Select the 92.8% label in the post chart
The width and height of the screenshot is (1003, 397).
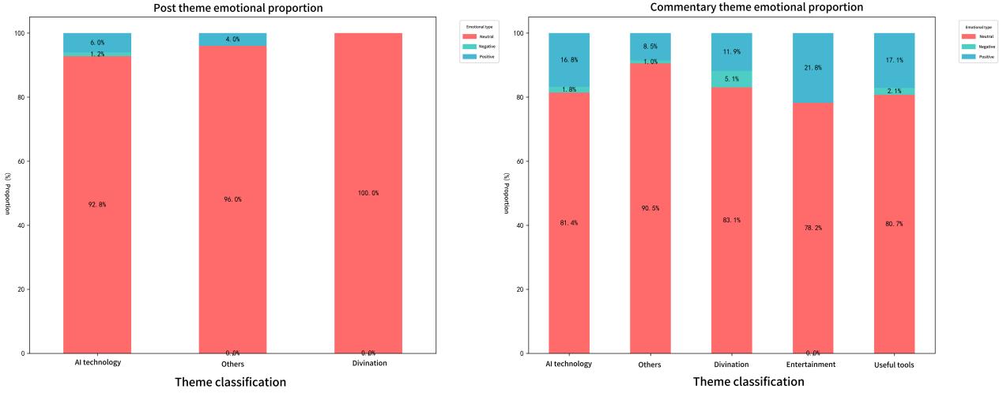[x=96, y=205]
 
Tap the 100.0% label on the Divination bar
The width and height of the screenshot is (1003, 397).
[x=368, y=193]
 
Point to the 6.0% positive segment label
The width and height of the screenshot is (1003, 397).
[x=96, y=43]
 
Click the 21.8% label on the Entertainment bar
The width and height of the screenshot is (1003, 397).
[x=813, y=68]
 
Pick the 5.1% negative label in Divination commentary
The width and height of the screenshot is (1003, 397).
[x=732, y=78]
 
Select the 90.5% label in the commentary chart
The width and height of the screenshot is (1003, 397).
[x=650, y=208]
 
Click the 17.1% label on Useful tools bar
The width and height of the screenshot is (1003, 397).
[x=895, y=60]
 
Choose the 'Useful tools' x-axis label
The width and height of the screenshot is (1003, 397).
[x=895, y=365]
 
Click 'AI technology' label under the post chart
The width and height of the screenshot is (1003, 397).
[x=96, y=363]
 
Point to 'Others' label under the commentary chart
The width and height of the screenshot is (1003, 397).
[x=650, y=365]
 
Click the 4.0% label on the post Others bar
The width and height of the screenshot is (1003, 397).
[x=232, y=39]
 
